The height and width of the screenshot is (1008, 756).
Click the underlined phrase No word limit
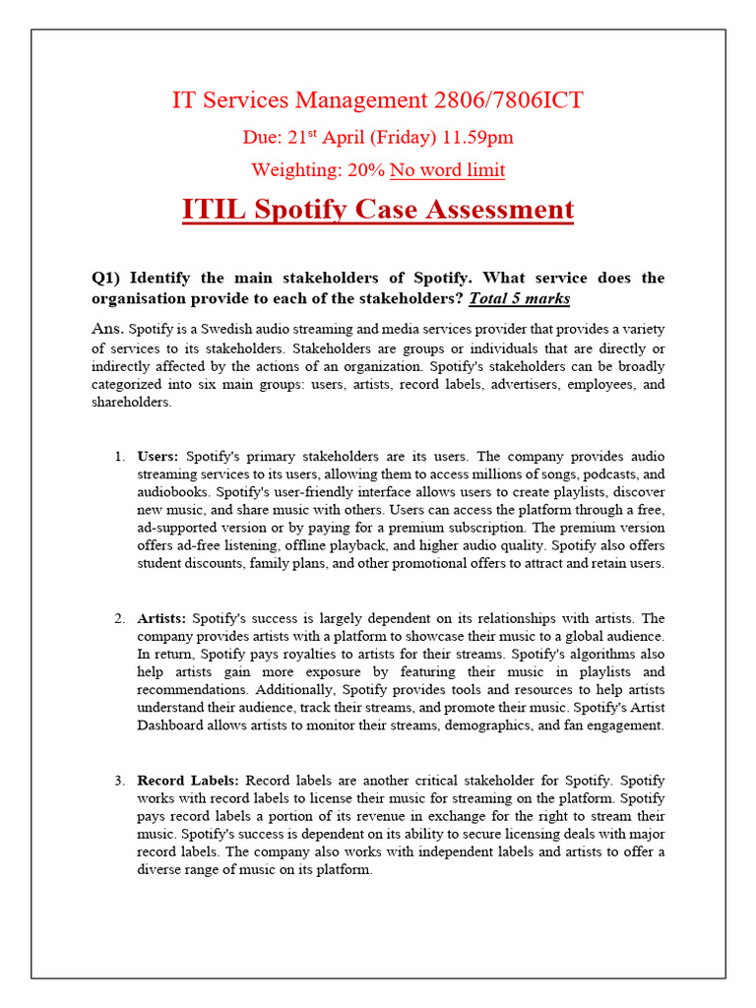(x=448, y=170)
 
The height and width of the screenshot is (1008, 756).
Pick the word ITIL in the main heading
(x=214, y=210)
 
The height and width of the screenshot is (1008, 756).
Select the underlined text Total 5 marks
(x=519, y=297)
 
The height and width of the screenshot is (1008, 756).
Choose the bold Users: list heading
(x=157, y=457)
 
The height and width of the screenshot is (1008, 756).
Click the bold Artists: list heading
(x=161, y=618)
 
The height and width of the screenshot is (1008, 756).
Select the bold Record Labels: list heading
(x=188, y=781)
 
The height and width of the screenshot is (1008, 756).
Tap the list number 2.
(x=118, y=618)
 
